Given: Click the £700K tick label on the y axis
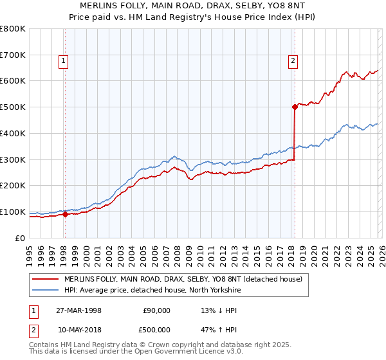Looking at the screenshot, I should (13, 55).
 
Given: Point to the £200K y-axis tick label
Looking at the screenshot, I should (13, 185).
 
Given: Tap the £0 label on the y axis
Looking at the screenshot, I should (21, 238).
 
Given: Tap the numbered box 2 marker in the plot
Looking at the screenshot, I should (293, 61).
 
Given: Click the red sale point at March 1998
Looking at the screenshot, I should (65, 215).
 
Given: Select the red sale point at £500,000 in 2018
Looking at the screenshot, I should (295, 107).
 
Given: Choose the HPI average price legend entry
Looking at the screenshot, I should (152, 291).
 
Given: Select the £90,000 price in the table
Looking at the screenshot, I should (156, 310).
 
